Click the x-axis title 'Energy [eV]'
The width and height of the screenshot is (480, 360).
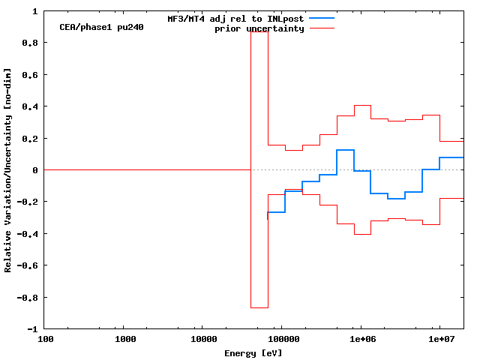[x=253, y=352]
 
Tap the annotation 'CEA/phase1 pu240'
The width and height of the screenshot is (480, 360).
[x=102, y=27]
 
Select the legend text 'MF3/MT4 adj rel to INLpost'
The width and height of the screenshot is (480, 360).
[x=235, y=18]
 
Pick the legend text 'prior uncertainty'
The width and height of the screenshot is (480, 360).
[x=259, y=28]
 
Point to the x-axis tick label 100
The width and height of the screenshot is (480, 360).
[x=46, y=340]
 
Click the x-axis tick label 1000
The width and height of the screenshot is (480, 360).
[x=126, y=340]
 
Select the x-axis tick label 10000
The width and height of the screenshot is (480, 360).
[x=204, y=340]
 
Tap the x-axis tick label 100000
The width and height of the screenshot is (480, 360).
[x=282, y=340]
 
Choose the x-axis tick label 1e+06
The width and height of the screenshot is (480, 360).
[x=361, y=340]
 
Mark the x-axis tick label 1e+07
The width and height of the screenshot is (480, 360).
[x=439, y=340]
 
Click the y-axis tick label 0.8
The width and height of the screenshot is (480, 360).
[x=30, y=43]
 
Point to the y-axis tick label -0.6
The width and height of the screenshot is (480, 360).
[x=28, y=265]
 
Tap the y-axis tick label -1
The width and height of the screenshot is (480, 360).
[x=32, y=329]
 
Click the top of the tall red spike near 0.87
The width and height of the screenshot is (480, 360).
[x=259, y=32]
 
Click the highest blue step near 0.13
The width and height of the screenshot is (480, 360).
[x=345, y=150]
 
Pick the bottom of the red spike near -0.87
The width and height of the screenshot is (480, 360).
[x=259, y=307]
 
